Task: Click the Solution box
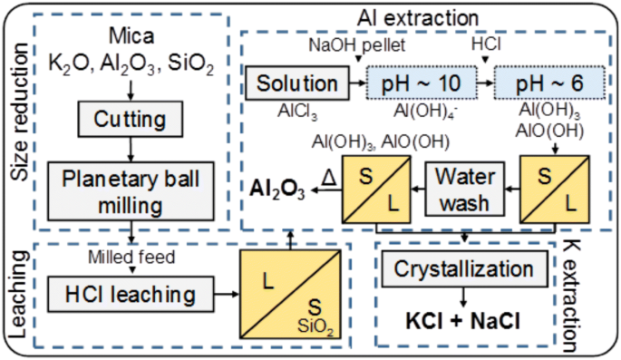click(x=296, y=83)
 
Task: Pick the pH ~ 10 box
click(x=420, y=83)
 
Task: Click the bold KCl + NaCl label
click(x=463, y=322)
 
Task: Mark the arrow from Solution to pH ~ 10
click(x=354, y=83)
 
